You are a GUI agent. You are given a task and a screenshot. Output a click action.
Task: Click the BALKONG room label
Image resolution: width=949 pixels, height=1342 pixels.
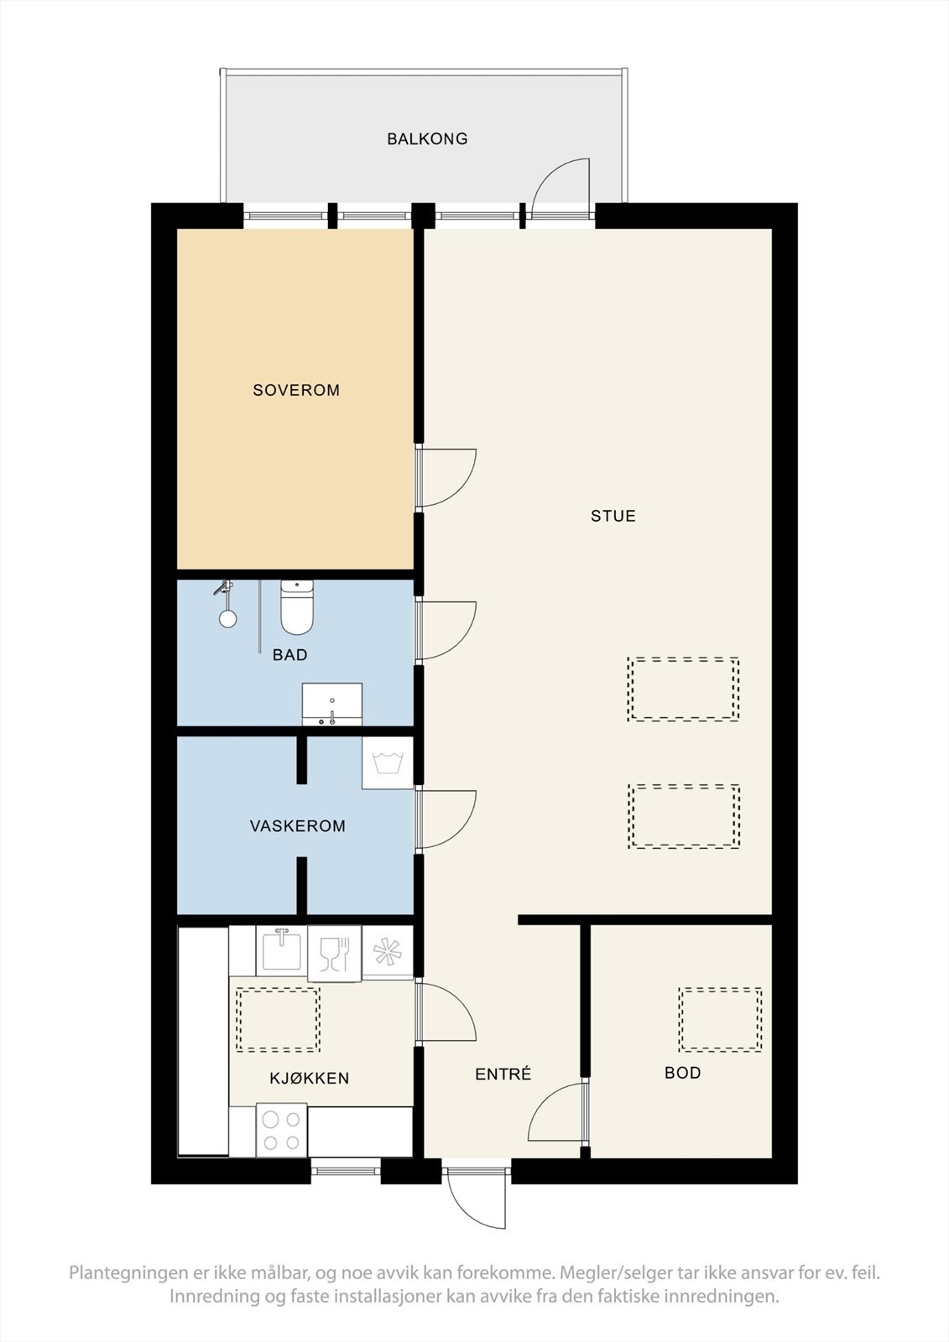pyautogui.click(x=427, y=139)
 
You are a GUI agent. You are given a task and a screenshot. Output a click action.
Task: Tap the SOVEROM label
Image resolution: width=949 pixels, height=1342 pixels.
pyautogui.click(x=296, y=390)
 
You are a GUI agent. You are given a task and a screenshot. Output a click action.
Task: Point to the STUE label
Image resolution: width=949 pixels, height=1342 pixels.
pyautogui.click(x=613, y=516)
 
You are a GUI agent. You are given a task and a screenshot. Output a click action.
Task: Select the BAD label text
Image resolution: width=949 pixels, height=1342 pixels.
pyautogui.click(x=289, y=655)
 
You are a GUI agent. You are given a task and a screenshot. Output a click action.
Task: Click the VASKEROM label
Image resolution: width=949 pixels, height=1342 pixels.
pyautogui.click(x=297, y=826)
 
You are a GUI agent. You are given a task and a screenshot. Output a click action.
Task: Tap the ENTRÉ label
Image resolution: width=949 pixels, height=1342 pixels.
pyautogui.click(x=503, y=1074)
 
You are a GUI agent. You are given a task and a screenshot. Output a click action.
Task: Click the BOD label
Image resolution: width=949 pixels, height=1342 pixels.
pyautogui.click(x=682, y=1073)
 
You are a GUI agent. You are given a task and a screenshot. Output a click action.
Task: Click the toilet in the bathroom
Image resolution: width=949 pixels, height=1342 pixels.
pyautogui.click(x=297, y=607)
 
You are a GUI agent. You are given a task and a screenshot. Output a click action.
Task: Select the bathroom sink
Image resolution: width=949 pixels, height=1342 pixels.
pyautogui.click(x=331, y=704)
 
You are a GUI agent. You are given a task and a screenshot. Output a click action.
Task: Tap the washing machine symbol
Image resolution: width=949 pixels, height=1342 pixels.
pyautogui.click(x=388, y=762)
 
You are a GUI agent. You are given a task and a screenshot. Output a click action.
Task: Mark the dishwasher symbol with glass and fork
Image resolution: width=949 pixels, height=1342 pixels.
pyautogui.click(x=335, y=954)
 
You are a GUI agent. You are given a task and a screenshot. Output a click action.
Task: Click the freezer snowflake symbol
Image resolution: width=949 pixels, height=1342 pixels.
pyautogui.click(x=388, y=953)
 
